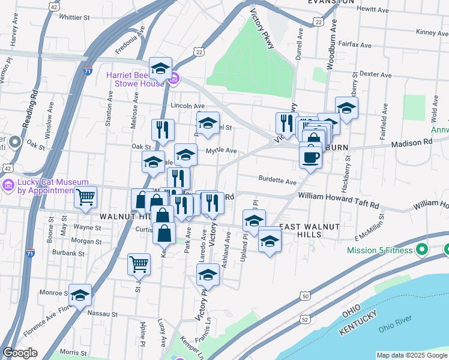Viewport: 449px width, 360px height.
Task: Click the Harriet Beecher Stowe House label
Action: pyautogui.click(x=134, y=79)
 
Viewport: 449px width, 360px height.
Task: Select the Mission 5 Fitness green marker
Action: pyautogui.click(x=421, y=249)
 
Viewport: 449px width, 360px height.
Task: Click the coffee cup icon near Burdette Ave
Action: pyautogui.click(x=310, y=157)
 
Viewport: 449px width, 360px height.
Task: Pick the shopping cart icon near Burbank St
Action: pyautogui.click(x=139, y=263)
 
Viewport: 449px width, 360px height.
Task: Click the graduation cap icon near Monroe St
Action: pyautogui.click(x=80, y=295)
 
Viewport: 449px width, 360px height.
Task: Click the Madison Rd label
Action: pyautogui.click(x=412, y=142)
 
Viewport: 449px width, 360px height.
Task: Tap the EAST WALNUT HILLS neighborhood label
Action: pyautogui.click(x=310, y=226)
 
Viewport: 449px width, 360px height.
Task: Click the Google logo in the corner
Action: pyautogui.click(x=20, y=352)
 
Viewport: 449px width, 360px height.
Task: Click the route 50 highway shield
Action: pyautogui.click(x=306, y=296)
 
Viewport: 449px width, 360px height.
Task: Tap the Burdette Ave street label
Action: pyautogui.click(x=278, y=180)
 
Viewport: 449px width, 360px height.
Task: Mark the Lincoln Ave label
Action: pyautogui.click(x=184, y=105)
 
